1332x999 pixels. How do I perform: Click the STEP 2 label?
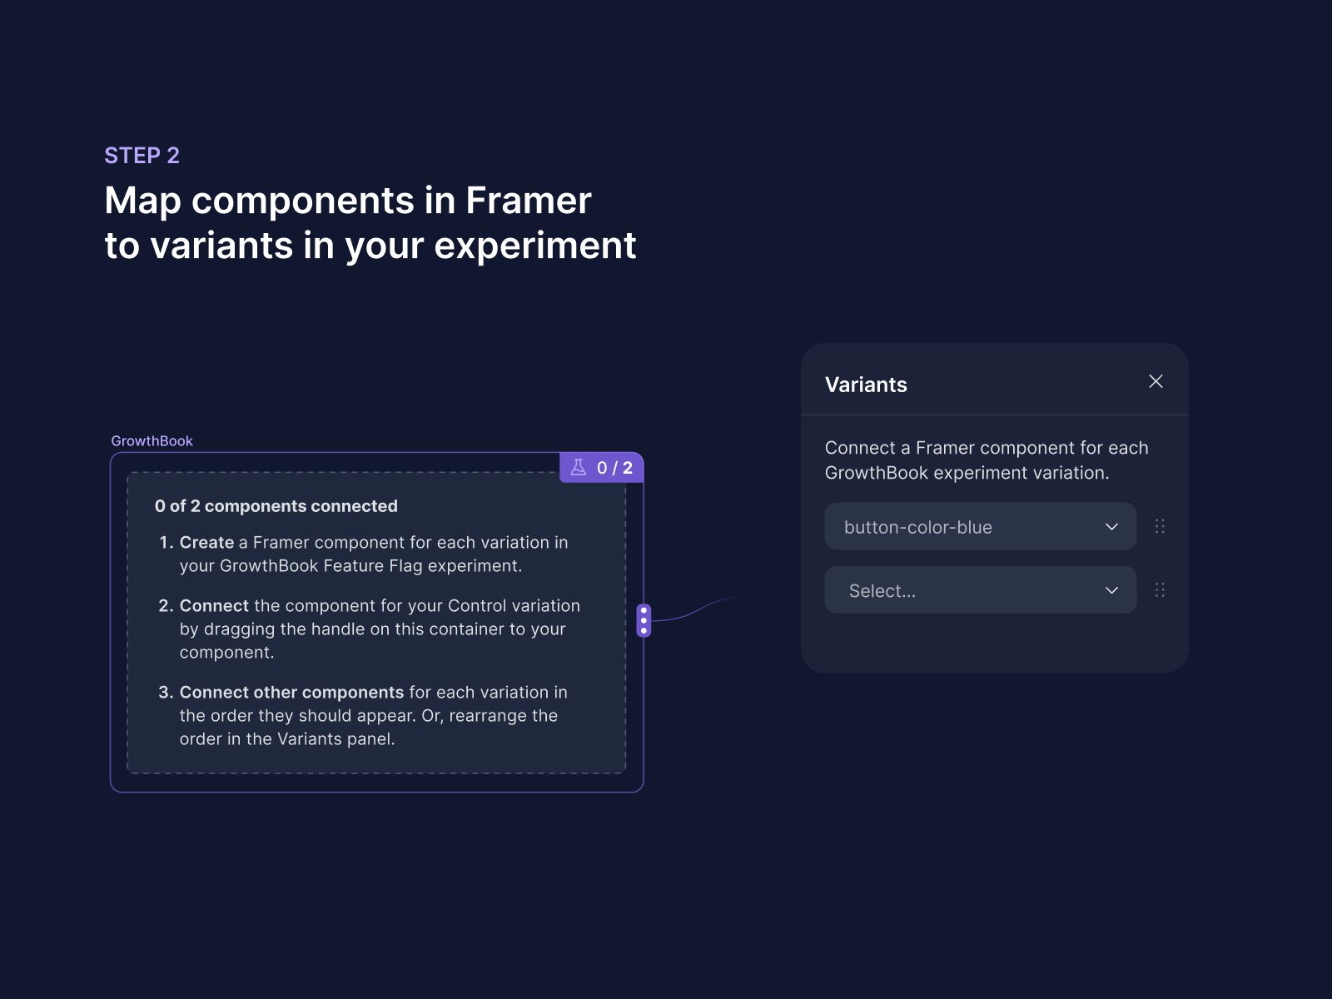coord(142,156)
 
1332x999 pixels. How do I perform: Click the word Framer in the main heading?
coord(528,201)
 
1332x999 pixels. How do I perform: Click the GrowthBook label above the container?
coord(152,441)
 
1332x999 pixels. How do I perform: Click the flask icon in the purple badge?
coord(579,467)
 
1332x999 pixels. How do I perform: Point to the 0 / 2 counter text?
coord(614,468)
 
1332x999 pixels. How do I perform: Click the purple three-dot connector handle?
coord(644,620)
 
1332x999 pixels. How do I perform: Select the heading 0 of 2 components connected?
coord(276,506)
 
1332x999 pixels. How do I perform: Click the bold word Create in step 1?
coord(206,543)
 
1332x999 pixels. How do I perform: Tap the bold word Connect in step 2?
coord(214,606)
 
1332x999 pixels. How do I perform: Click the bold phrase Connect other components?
coord(291,693)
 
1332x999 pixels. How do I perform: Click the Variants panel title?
coord(866,385)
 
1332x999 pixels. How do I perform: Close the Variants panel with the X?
coord(1156,381)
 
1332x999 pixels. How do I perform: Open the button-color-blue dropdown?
coord(966,527)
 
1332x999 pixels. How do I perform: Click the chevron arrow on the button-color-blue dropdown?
coord(1111,527)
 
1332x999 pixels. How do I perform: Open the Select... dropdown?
coord(966,590)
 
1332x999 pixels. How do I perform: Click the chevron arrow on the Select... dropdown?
coord(1111,590)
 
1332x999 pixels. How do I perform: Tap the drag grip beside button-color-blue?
coord(1160,526)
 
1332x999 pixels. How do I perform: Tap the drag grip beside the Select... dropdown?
coord(1160,590)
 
